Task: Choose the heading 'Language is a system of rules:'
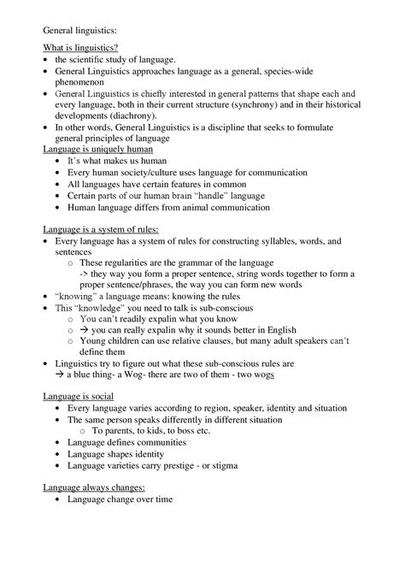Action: tap(101, 228)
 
